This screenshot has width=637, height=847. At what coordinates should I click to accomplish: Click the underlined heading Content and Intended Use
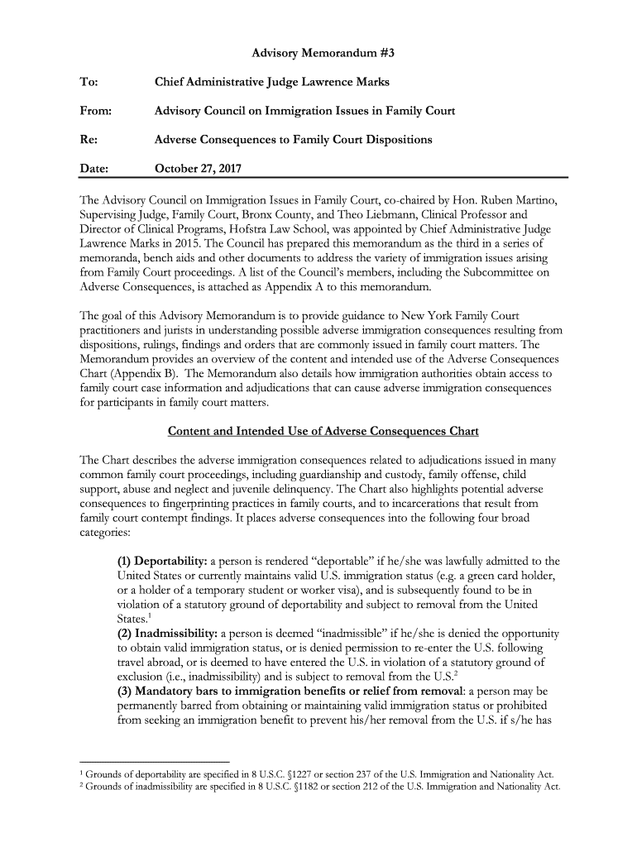(x=323, y=431)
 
